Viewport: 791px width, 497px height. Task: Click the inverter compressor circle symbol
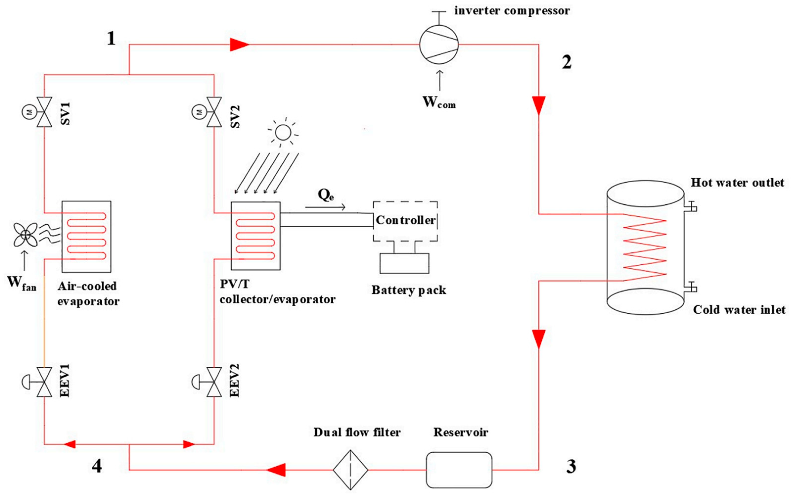[439, 44]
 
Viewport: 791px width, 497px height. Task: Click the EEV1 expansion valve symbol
[44, 382]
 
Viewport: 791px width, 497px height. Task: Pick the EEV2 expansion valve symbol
[214, 382]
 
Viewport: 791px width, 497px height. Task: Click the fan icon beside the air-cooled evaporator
[25, 234]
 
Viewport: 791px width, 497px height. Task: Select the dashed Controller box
[405, 221]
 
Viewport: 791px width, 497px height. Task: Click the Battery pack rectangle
[404, 263]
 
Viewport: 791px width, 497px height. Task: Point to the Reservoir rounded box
[459, 470]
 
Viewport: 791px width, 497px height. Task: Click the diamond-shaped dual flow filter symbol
[350, 470]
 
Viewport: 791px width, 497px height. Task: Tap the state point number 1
[111, 39]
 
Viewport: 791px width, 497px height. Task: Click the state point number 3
[571, 466]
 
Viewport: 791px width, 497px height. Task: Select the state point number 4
[97, 466]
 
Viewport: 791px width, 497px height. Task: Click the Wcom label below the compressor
[439, 102]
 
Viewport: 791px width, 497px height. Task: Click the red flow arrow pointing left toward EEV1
[70, 444]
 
